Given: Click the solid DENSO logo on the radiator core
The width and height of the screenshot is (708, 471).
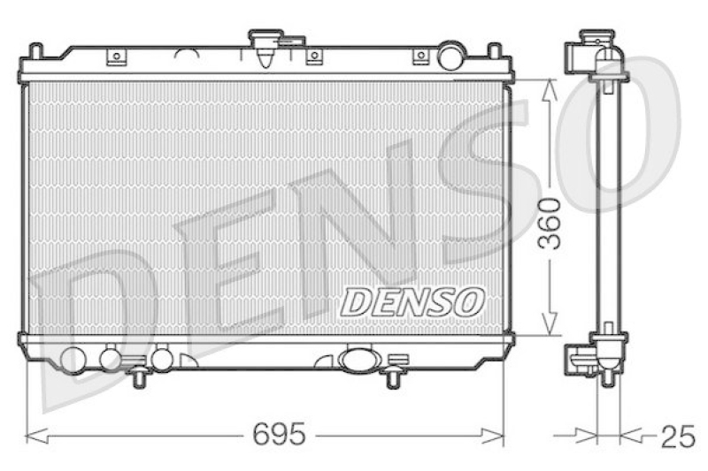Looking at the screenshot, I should [x=412, y=301].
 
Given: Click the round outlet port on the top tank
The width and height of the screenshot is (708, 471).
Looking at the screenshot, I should [x=451, y=56].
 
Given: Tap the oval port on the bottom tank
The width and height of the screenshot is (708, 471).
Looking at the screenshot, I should [x=358, y=360].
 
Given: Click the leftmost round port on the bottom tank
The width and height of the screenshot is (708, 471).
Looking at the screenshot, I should [x=73, y=359].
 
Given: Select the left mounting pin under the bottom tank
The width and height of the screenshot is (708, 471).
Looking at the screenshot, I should [x=138, y=377].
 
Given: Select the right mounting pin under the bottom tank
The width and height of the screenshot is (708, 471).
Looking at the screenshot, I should [x=392, y=377].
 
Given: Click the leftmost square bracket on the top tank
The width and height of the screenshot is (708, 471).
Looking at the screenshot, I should [x=115, y=57].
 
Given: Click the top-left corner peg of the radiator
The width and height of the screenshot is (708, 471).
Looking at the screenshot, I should [x=35, y=49].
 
